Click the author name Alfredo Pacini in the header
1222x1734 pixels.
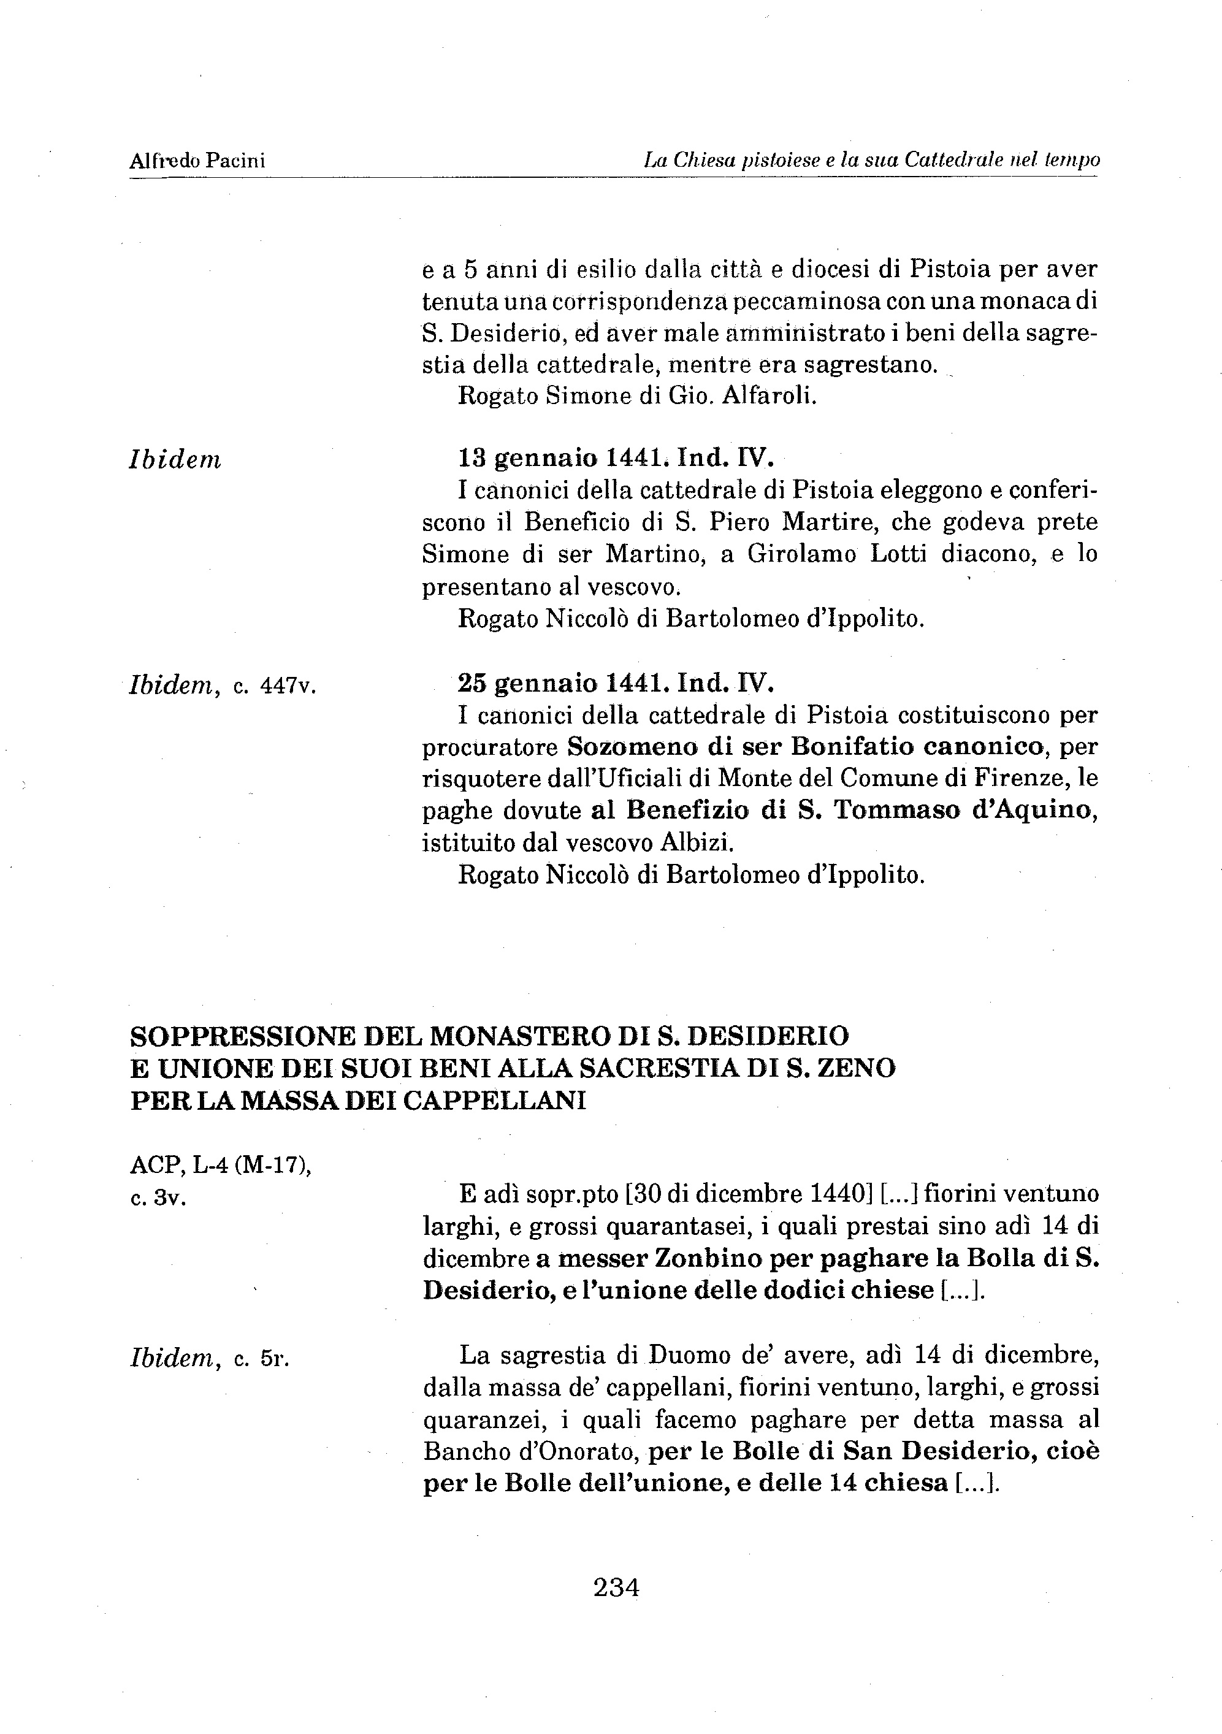point(197,161)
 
